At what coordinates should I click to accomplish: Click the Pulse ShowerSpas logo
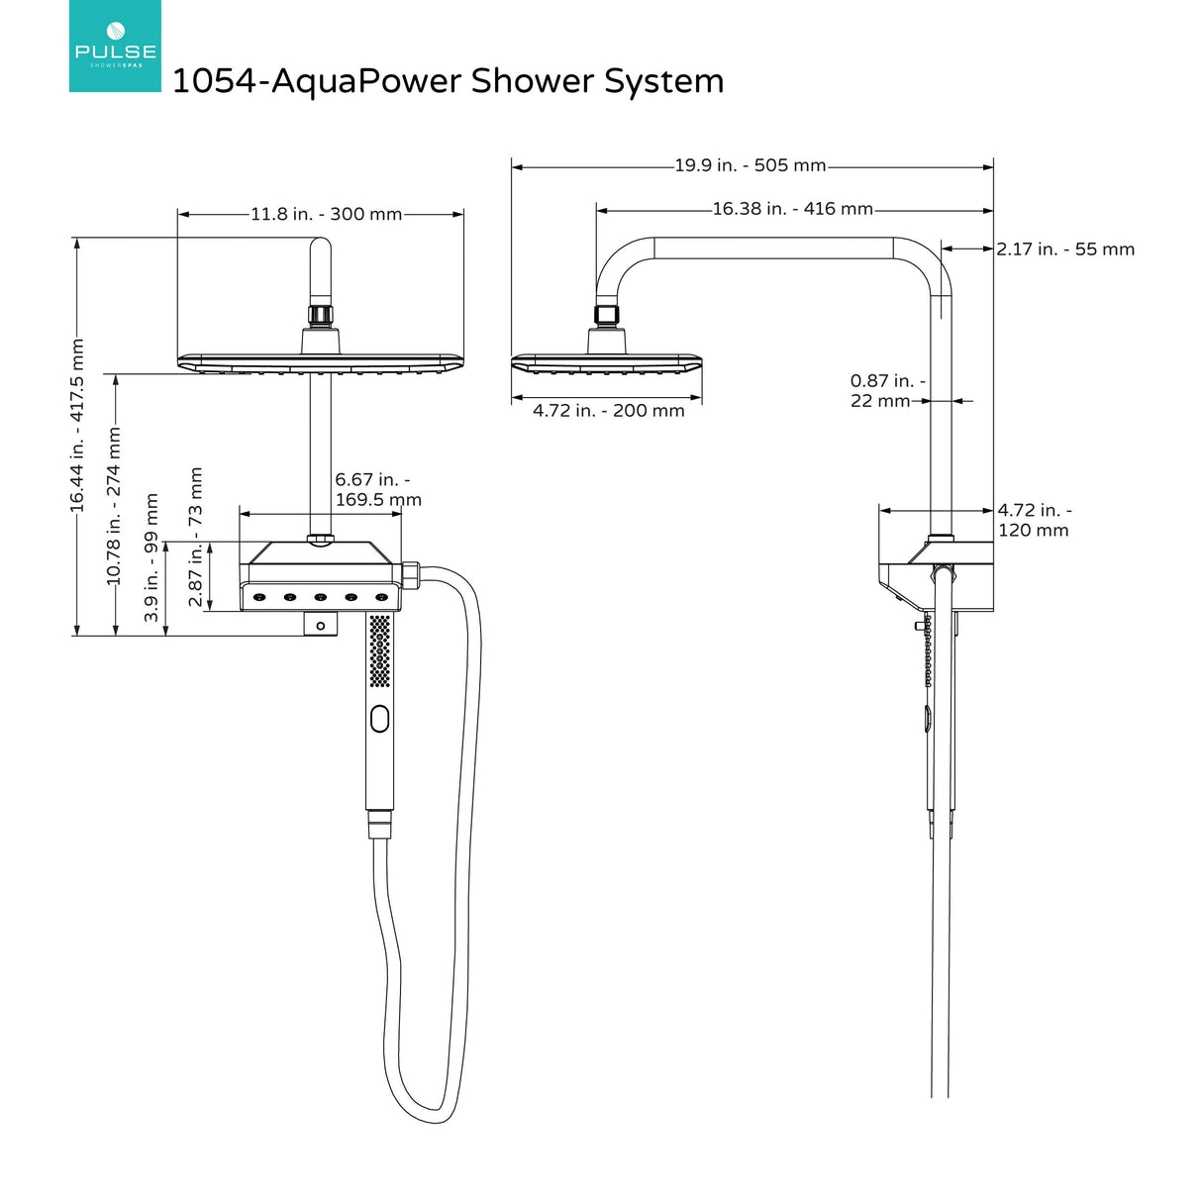[x=115, y=47]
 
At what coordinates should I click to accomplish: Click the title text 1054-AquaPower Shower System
[x=448, y=81]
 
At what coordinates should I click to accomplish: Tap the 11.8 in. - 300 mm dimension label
[x=326, y=214]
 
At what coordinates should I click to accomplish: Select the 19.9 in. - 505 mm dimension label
[x=750, y=165]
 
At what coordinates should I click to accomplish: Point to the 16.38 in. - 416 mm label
[x=792, y=209]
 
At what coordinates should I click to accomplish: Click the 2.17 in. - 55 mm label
[x=1065, y=250]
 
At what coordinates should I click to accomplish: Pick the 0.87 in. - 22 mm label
[x=886, y=391]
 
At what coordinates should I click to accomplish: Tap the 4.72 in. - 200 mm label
[x=608, y=411]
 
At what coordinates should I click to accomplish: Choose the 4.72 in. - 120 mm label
[x=1034, y=520]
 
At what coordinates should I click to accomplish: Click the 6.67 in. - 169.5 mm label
[x=377, y=490]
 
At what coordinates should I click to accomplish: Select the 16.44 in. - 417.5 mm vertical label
[x=77, y=426]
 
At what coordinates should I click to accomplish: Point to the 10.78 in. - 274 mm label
[x=114, y=505]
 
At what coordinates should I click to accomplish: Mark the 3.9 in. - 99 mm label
[x=151, y=557]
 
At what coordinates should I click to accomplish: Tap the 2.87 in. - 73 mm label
[x=195, y=538]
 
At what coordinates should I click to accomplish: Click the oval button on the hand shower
[x=380, y=718]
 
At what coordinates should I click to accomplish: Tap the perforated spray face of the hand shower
[x=380, y=651]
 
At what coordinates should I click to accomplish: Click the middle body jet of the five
[x=321, y=597]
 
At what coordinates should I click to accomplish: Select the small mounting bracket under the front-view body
[x=321, y=625]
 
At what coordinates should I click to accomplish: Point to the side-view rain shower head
[x=607, y=363]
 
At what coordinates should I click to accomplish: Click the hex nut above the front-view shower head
[x=321, y=316]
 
